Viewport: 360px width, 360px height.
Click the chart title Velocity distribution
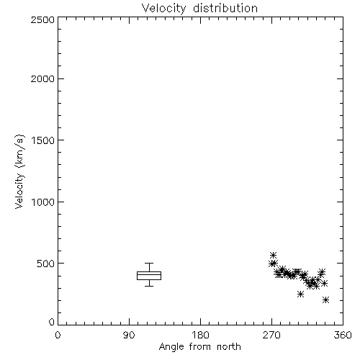click(x=199, y=8)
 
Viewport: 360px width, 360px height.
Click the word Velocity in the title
click(x=163, y=9)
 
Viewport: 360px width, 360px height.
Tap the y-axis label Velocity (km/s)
click(x=19, y=171)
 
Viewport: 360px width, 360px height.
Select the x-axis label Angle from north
click(x=199, y=346)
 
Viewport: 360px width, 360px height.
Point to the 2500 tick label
click(x=42, y=19)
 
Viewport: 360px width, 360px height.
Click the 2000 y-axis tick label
click(x=42, y=78)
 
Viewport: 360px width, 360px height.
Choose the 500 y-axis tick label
click(x=46, y=264)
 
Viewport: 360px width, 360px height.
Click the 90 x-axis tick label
click(x=129, y=335)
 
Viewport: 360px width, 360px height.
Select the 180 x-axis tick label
click(x=200, y=335)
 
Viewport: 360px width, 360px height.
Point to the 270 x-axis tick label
click(x=271, y=335)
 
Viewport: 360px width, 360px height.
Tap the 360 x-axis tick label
click(x=343, y=335)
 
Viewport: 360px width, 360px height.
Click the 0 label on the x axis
click(x=58, y=335)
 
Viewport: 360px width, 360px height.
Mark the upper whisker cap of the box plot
click(x=149, y=263)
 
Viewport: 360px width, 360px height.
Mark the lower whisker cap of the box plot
click(x=149, y=286)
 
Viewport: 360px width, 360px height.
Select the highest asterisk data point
click(x=273, y=255)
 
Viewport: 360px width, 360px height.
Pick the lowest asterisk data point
click(x=325, y=300)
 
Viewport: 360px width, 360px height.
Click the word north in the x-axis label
click(x=229, y=346)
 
